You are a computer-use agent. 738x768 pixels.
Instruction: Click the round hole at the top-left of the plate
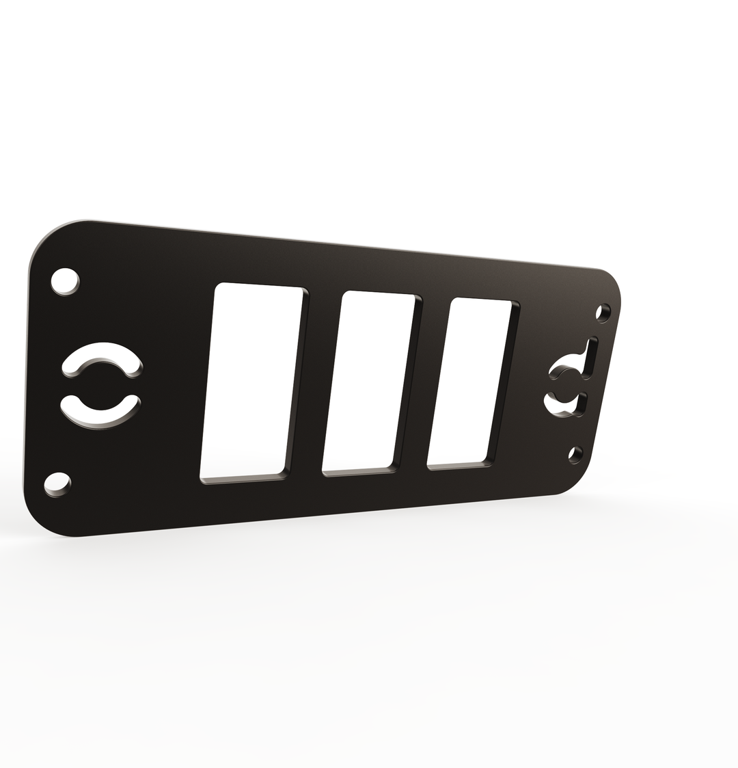tap(64, 280)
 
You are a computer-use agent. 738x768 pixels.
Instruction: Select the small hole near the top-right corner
tap(603, 313)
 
